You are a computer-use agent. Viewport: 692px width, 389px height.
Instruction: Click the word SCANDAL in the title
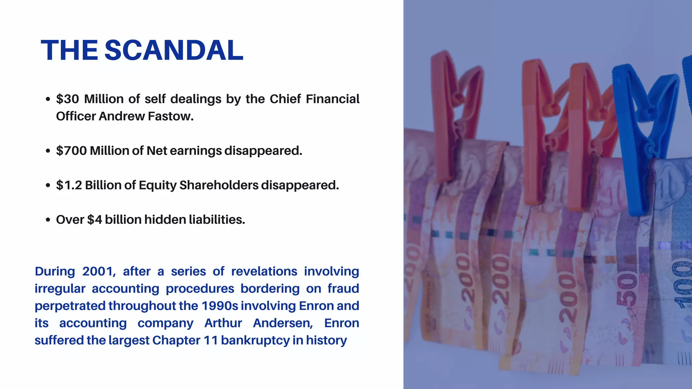(x=174, y=50)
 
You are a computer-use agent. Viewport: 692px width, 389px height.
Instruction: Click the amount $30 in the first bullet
(x=68, y=99)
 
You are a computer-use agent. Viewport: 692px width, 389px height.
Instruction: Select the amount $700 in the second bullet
(x=71, y=151)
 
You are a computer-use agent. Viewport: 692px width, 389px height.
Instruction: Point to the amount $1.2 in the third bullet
(x=69, y=185)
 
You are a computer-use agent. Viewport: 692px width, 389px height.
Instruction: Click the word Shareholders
(x=219, y=185)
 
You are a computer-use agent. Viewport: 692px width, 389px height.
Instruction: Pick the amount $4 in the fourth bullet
(x=95, y=219)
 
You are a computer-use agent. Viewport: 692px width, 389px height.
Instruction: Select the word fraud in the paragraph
(x=343, y=289)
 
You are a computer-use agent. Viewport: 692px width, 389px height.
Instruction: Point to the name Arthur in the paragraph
(x=223, y=323)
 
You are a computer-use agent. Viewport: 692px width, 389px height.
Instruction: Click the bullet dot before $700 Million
(x=48, y=151)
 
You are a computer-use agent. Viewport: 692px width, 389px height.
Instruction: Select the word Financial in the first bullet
(x=332, y=99)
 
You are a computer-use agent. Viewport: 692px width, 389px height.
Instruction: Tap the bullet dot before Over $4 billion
(x=48, y=220)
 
